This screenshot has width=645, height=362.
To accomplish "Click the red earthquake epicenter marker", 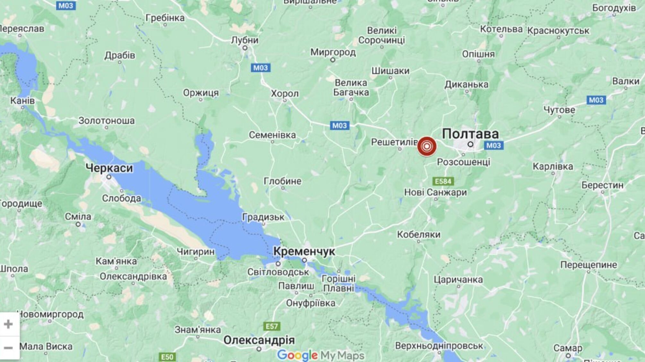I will [427, 146].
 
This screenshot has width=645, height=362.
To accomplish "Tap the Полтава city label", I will [470, 134].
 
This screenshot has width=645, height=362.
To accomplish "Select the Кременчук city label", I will [304, 251].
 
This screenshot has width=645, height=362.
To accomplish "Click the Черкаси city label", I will [109, 168].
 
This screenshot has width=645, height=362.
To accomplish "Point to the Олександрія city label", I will [259, 340].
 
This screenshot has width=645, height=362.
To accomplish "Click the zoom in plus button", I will [9, 324].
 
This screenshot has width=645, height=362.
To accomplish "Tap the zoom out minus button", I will [9, 348].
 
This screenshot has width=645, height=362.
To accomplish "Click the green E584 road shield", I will [443, 181].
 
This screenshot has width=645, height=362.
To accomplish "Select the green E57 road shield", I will [271, 326].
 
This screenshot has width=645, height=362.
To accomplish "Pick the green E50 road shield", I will [167, 357].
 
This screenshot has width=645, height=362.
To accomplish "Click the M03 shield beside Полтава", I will [493, 145].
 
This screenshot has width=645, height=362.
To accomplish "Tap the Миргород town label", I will [333, 52].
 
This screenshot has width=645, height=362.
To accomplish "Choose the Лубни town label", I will [245, 40].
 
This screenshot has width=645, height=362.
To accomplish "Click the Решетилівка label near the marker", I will [394, 142].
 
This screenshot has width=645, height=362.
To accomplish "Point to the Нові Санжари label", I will [435, 192].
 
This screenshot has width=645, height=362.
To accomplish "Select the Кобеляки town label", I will [418, 234].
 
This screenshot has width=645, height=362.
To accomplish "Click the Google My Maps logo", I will [321, 355].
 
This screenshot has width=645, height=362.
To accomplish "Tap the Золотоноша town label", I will [107, 121].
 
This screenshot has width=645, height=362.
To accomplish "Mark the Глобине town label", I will [282, 181].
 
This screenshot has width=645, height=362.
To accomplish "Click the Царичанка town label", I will [458, 280].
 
